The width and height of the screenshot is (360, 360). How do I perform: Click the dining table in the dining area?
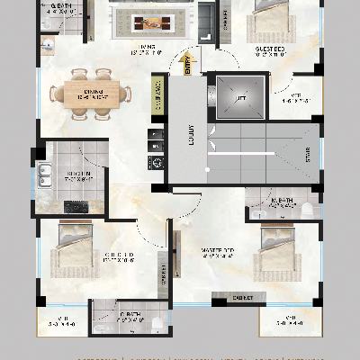coord(89,93)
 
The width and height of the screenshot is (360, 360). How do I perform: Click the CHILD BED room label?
coord(118,256)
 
